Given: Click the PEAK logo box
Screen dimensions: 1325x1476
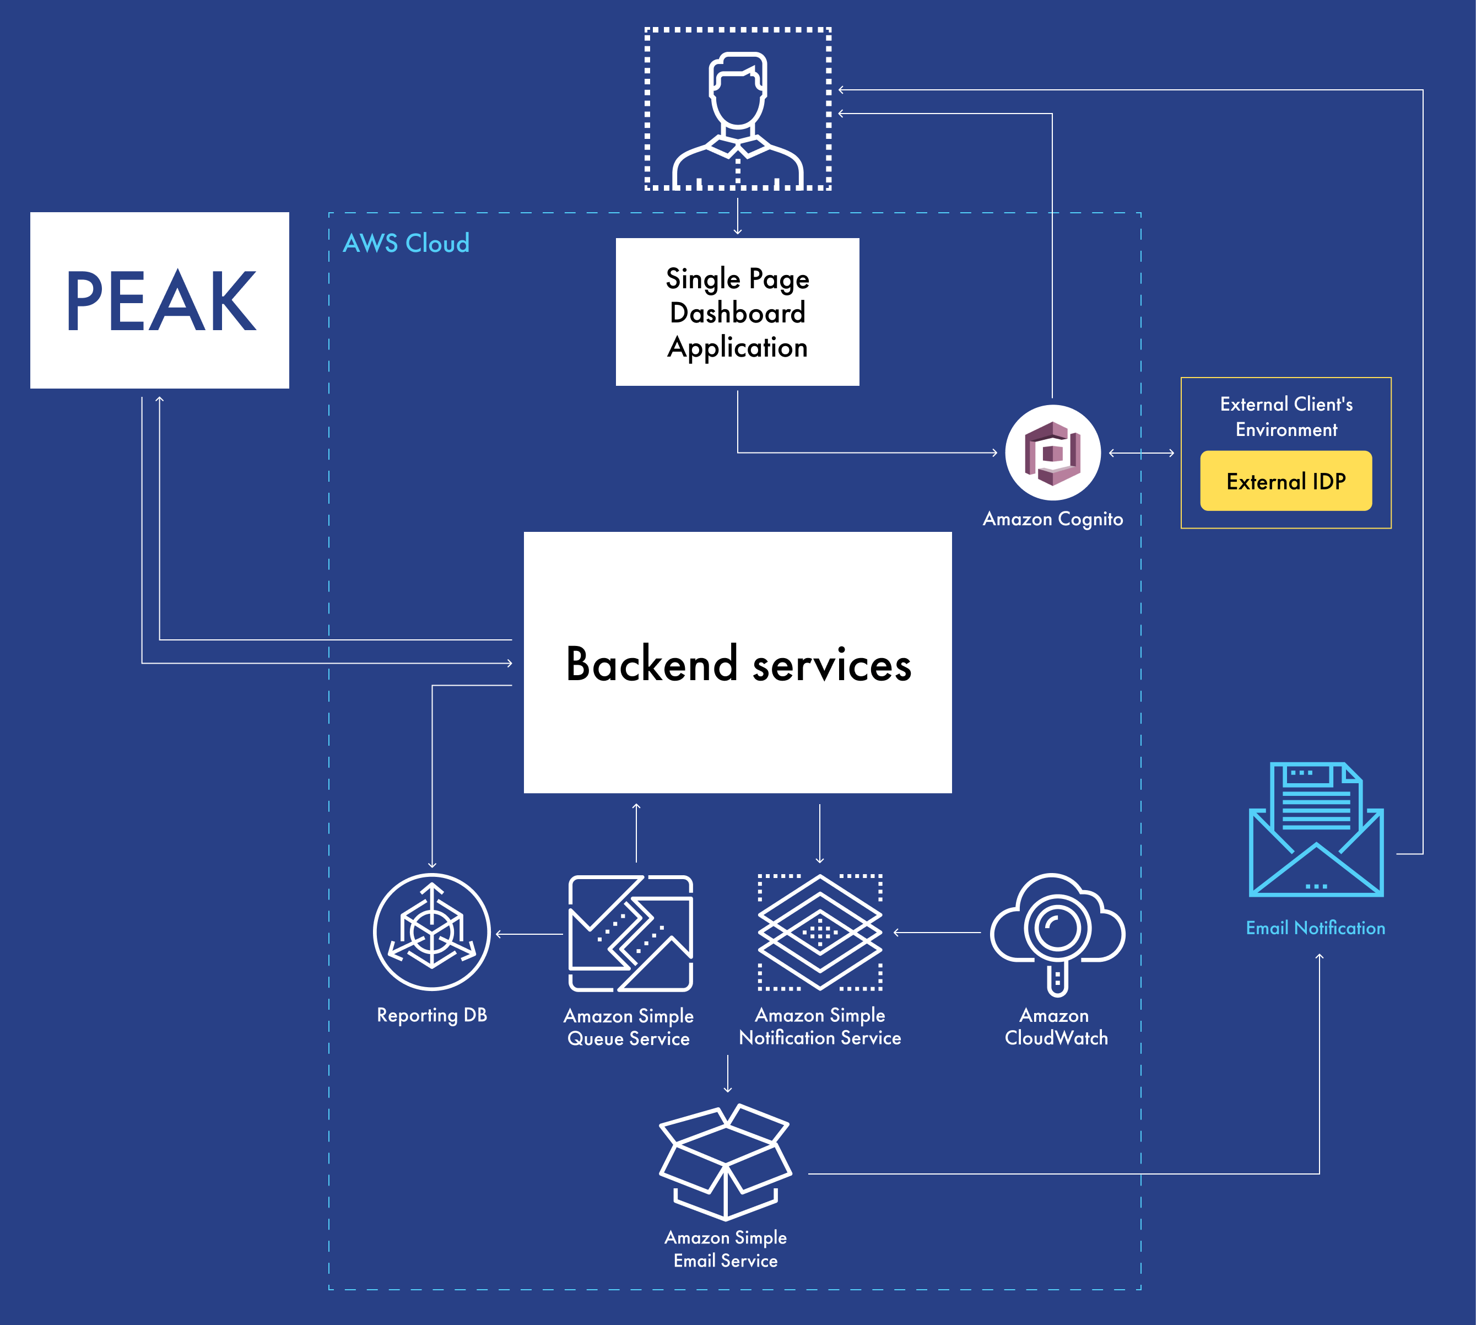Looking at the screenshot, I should (x=159, y=300).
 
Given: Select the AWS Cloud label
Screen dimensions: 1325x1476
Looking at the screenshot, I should (x=406, y=243).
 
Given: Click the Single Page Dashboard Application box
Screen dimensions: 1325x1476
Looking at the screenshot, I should (x=737, y=313).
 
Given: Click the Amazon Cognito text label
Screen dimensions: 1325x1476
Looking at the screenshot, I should (x=1052, y=519).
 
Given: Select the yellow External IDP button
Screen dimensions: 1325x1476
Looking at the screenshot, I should (x=1285, y=481).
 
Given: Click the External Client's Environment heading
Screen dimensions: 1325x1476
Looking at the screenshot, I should (x=1285, y=417).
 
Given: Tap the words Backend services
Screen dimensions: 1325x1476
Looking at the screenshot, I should (x=738, y=664).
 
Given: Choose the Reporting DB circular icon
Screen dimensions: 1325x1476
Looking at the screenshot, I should (x=431, y=932).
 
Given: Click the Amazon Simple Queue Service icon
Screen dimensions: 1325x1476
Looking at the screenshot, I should (x=630, y=933).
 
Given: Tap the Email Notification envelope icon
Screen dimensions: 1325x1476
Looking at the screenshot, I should (x=1316, y=830).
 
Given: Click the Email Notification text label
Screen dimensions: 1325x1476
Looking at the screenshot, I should (x=1315, y=928).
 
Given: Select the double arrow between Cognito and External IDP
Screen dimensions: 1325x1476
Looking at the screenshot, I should (x=1141, y=453).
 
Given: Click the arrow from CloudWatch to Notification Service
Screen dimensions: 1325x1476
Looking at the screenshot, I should (x=937, y=933).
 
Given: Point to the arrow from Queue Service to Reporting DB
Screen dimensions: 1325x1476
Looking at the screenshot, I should (x=529, y=934).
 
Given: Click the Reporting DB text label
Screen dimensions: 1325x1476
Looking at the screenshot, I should (x=431, y=1015).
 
